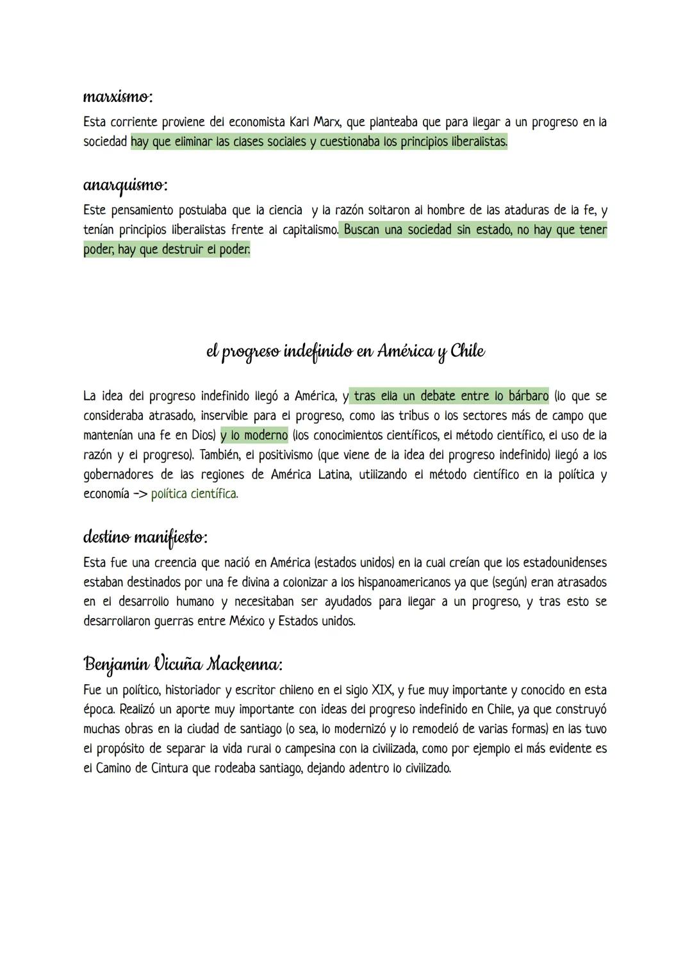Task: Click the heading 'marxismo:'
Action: [x=118, y=97]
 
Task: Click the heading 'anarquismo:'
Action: [x=126, y=186]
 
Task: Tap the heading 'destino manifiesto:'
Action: [x=145, y=537]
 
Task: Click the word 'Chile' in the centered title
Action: [x=468, y=351]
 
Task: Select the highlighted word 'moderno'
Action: [x=266, y=436]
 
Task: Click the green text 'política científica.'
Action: [x=194, y=494]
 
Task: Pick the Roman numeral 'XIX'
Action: [x=382, y=690]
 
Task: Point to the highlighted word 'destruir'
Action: [x=167, y=249]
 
